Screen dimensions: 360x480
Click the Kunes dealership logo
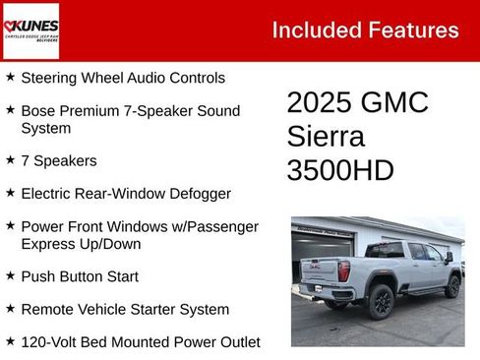coord(30,30)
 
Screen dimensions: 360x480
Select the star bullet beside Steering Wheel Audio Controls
coord(10,77)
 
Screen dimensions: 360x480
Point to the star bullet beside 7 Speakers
coord(10,159)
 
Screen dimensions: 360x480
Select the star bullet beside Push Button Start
coord(10,276)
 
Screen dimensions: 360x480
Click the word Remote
coord(48,309)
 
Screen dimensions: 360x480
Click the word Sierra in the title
coord(326,136)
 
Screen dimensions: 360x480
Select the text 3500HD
coord(340,169)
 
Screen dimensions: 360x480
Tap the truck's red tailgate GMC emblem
coord(315,267)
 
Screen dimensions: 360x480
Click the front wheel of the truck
coord(452,286)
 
